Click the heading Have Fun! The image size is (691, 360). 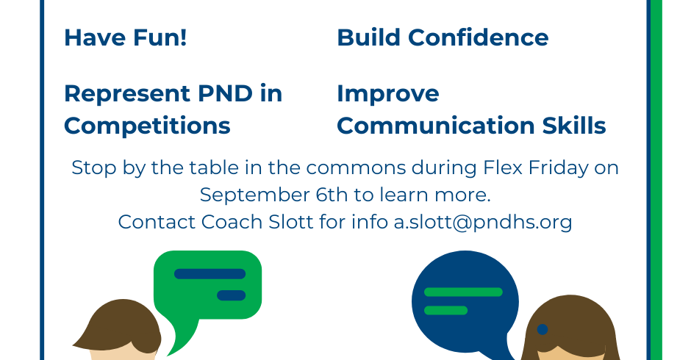click(x=126, y=37)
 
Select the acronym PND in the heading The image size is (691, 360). click(x=225, y=93)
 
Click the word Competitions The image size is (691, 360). click(x=147, y=126)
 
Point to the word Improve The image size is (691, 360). click(x=388, y=94)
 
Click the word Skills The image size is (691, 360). click(x=574, y=126)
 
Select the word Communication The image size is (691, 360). click(x=436, y=126)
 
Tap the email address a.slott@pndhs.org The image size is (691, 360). click(x=483, y=222)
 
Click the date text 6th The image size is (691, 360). click(x=332, y=195)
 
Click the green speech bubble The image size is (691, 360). click(x=207, y=287)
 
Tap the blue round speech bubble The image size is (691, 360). click(x=465, y=302)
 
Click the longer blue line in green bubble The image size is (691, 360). click(x=210, y=273)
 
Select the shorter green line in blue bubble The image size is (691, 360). click(x=445, y=310)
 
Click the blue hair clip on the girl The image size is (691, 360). click(x=543, y=329)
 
